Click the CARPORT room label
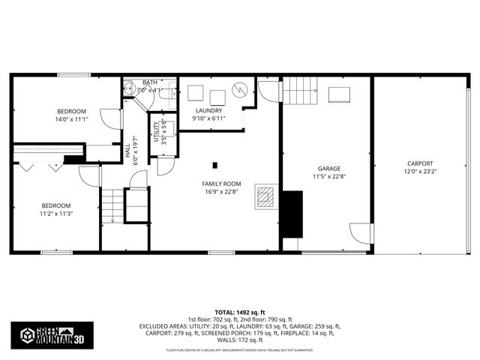[420, 163]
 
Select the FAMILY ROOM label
[221, 184]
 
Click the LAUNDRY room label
[207, 110]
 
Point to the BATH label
[150, 82]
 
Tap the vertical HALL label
[127, 151]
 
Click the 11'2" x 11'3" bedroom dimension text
[56, 213]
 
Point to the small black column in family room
[215, 165]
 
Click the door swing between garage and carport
[362, 233]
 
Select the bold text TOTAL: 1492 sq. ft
[240, 311]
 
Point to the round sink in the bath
[130, 88]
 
